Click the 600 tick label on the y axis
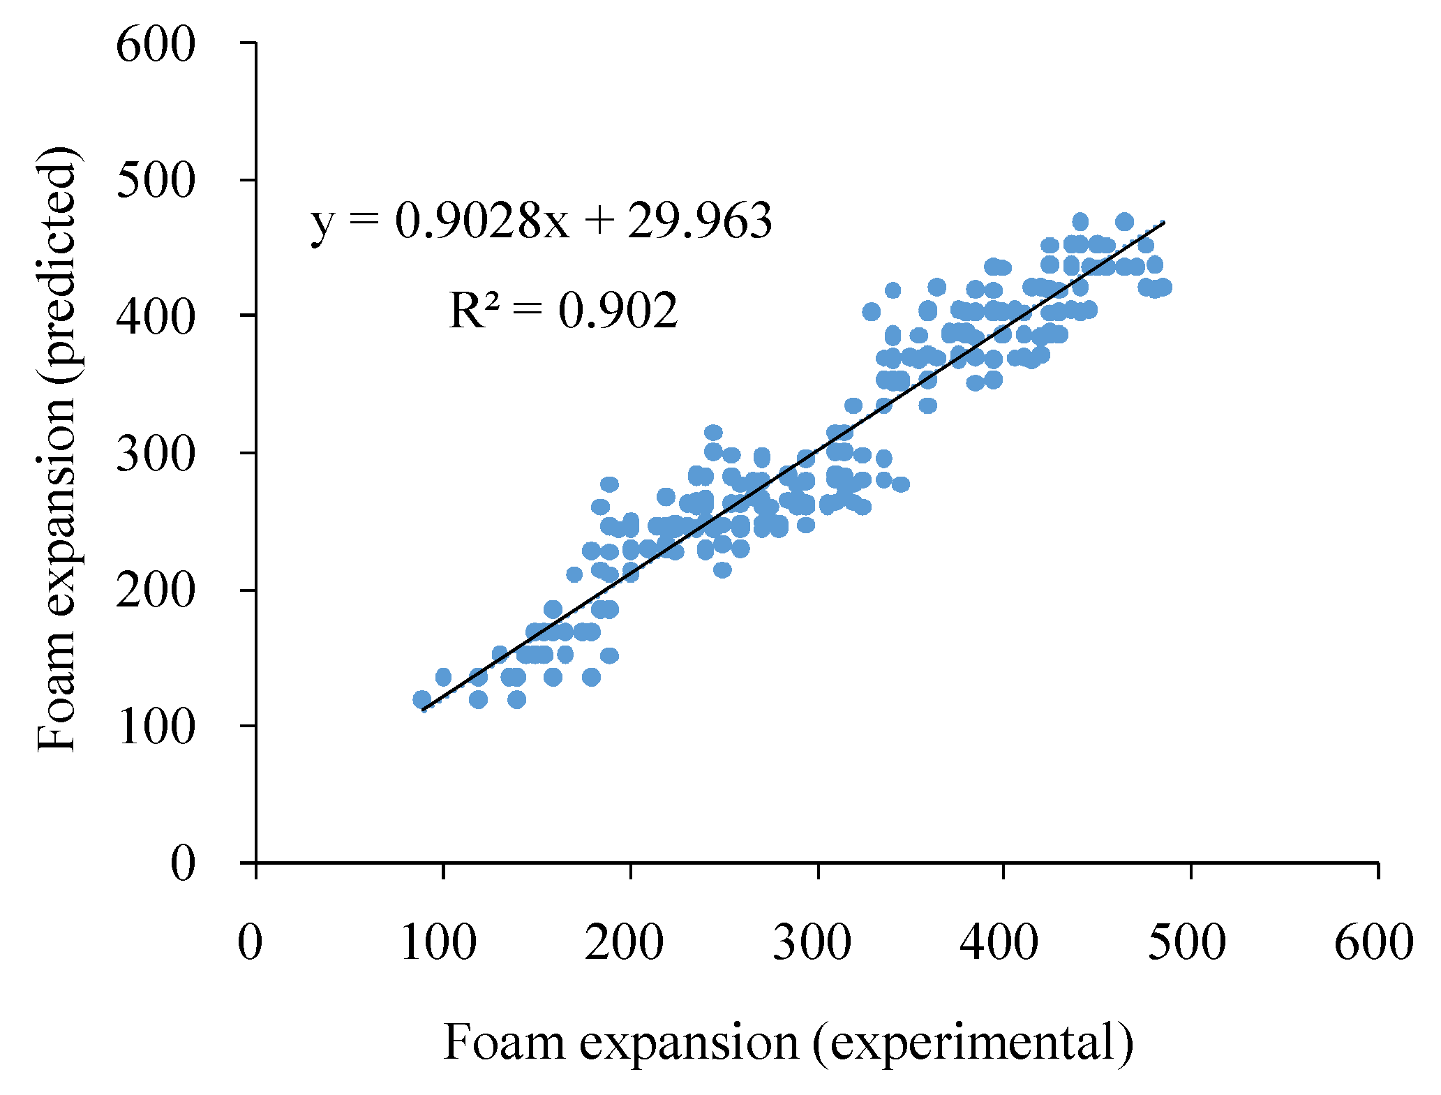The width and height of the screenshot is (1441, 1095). (x=155, y=47)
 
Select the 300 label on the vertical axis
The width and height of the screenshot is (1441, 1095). (x=155, y=455)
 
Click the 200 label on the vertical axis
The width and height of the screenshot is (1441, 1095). (x=155, y=591)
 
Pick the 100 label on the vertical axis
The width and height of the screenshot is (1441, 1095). (x=155, y=728)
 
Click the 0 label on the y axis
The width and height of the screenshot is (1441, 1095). (x=184, y=864)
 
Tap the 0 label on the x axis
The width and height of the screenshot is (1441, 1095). (x=250, y=942)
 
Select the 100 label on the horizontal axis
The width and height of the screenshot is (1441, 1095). (x=439, y=942)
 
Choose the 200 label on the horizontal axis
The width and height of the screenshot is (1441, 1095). (x=625, y=942)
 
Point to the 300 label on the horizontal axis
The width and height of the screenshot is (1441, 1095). (x=812, y=942)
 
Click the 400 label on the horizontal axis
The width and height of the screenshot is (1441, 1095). (x=999, y=942)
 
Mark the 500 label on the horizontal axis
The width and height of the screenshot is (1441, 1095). (x=1186, y=942)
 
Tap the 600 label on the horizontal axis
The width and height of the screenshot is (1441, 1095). (x=1373, y=942)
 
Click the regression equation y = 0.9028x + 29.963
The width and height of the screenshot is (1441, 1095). (x=541, y=222)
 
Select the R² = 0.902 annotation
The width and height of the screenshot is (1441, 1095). (x=562, y=311)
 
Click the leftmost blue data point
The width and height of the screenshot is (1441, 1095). (x=421, y=699)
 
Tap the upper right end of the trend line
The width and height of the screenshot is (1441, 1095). (x=1163, y=223)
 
